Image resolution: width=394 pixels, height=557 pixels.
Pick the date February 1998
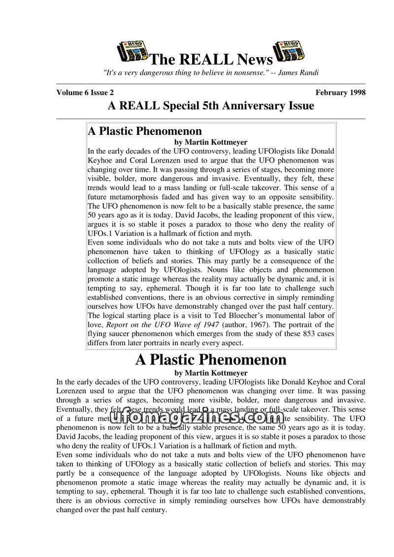click(x=341, y=93)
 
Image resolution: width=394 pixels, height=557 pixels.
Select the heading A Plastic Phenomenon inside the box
click(x=145, y=131)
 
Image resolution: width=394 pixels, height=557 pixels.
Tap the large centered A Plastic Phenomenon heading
click(x=211, y=360)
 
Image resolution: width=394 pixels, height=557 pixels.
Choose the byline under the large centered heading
click(x=211, y=373)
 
